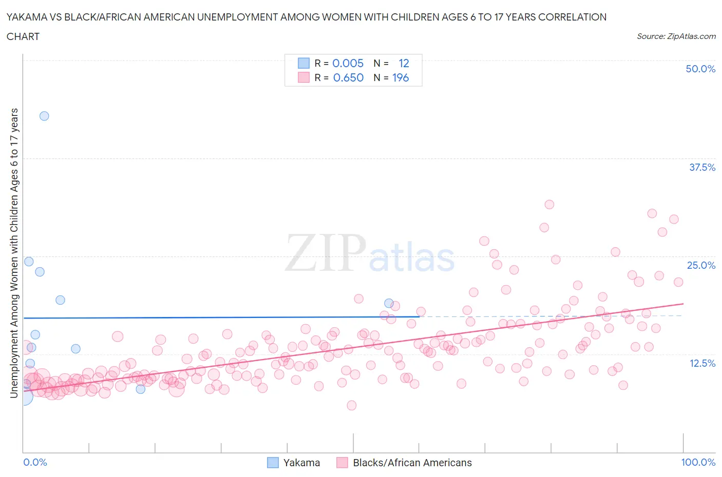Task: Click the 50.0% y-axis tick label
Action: [700, 69]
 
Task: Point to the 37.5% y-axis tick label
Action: [701, 167]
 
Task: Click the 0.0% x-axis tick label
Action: [35, 462]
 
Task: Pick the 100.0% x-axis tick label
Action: [698, 462]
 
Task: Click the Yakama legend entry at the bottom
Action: [301, 463]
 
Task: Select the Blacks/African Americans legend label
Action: [412, 463]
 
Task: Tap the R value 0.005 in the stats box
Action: [348, 63]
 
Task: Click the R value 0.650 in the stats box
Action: [348, 77]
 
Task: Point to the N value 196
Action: [401, 77]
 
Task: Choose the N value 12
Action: [404, 63]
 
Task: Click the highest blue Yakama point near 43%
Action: [44, 116]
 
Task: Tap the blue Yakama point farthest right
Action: [389, 303]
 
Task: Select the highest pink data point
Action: [549, 204]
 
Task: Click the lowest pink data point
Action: [351, 405]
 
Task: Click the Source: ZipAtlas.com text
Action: [676, 36]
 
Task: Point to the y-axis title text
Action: [14, 253]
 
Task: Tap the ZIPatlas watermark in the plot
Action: [370, 253]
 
